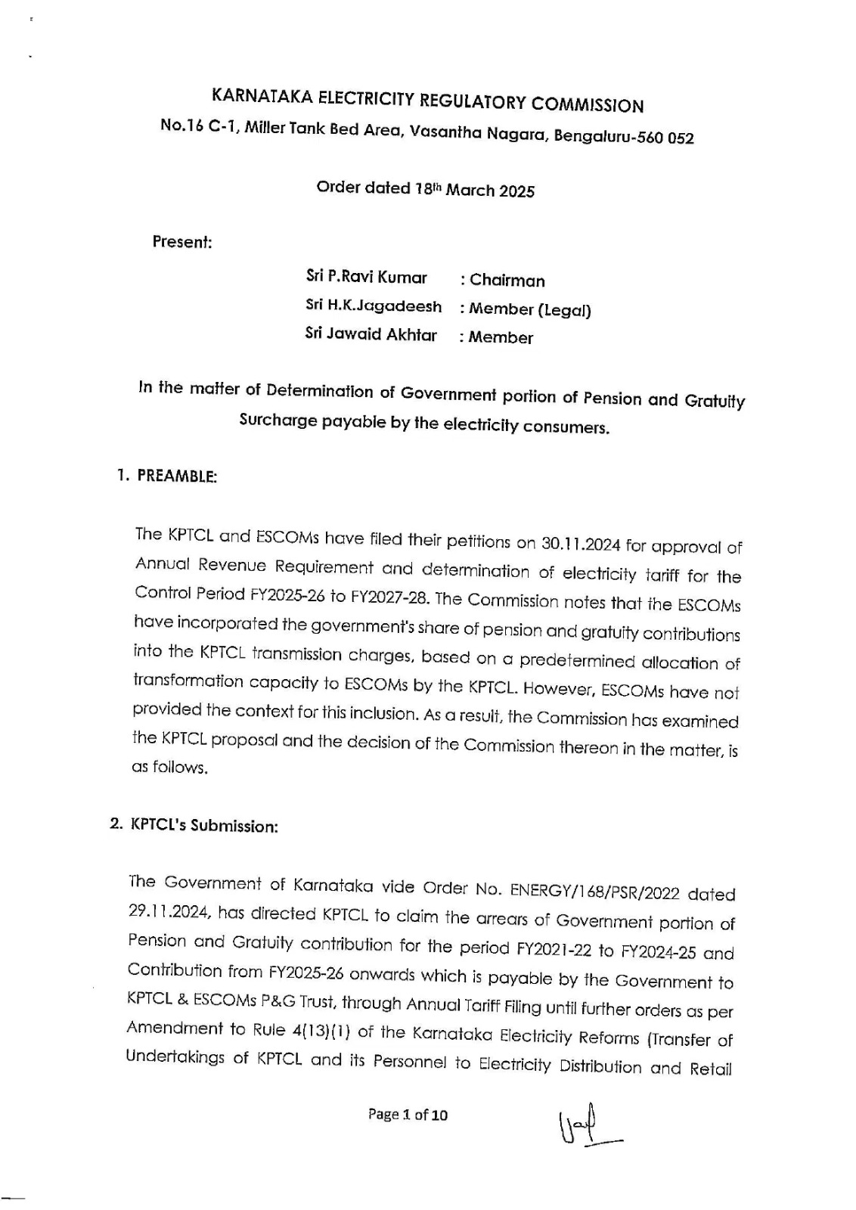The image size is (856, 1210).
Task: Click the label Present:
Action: (x=182, y=242)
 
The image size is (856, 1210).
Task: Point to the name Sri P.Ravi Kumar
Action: (x=367, y=278)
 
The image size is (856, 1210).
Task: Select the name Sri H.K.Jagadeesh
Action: (x=374, y=306)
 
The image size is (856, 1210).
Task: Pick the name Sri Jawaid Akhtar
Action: (x=371, y=334)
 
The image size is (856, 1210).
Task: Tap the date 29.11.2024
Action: (x=169, y=911)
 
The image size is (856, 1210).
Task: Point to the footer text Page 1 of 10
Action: (x=408, y=1114)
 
